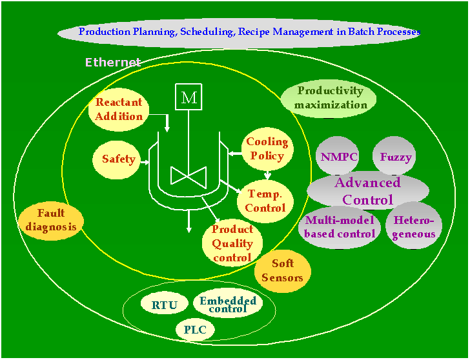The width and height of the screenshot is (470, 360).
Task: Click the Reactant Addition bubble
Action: click(x=119, y=110)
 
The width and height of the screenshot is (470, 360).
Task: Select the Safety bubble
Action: click(x=118, y=159)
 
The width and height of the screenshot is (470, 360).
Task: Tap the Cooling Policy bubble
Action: click(x=267, y=149)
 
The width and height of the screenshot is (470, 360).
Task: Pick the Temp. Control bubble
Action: click(x=265, y=201)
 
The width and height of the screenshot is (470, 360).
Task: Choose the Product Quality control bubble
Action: click(x=232, y=243)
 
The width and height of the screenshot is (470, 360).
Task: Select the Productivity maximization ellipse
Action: click(x=331, y=97)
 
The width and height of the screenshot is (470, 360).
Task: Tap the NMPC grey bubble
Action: click(x=339, y=156)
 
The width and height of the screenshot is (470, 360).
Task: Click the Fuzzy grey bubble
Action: click(x=395, y=156)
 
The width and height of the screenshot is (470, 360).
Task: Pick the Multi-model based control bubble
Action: click(x=340, y=226)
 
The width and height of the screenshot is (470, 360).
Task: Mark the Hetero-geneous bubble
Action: click(x=414, y=226)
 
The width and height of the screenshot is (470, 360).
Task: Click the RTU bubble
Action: click(x=164, y=305)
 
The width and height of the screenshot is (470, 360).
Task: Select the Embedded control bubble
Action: click(x=227, y=305)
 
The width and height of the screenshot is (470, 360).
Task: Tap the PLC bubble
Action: click(x=194, y=330)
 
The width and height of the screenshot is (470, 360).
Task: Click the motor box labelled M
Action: click(x=189, y=97)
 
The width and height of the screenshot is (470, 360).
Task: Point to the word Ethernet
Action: click(x=113, y=63)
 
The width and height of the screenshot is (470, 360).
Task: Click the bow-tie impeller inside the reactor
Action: click(x=188, y=175)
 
